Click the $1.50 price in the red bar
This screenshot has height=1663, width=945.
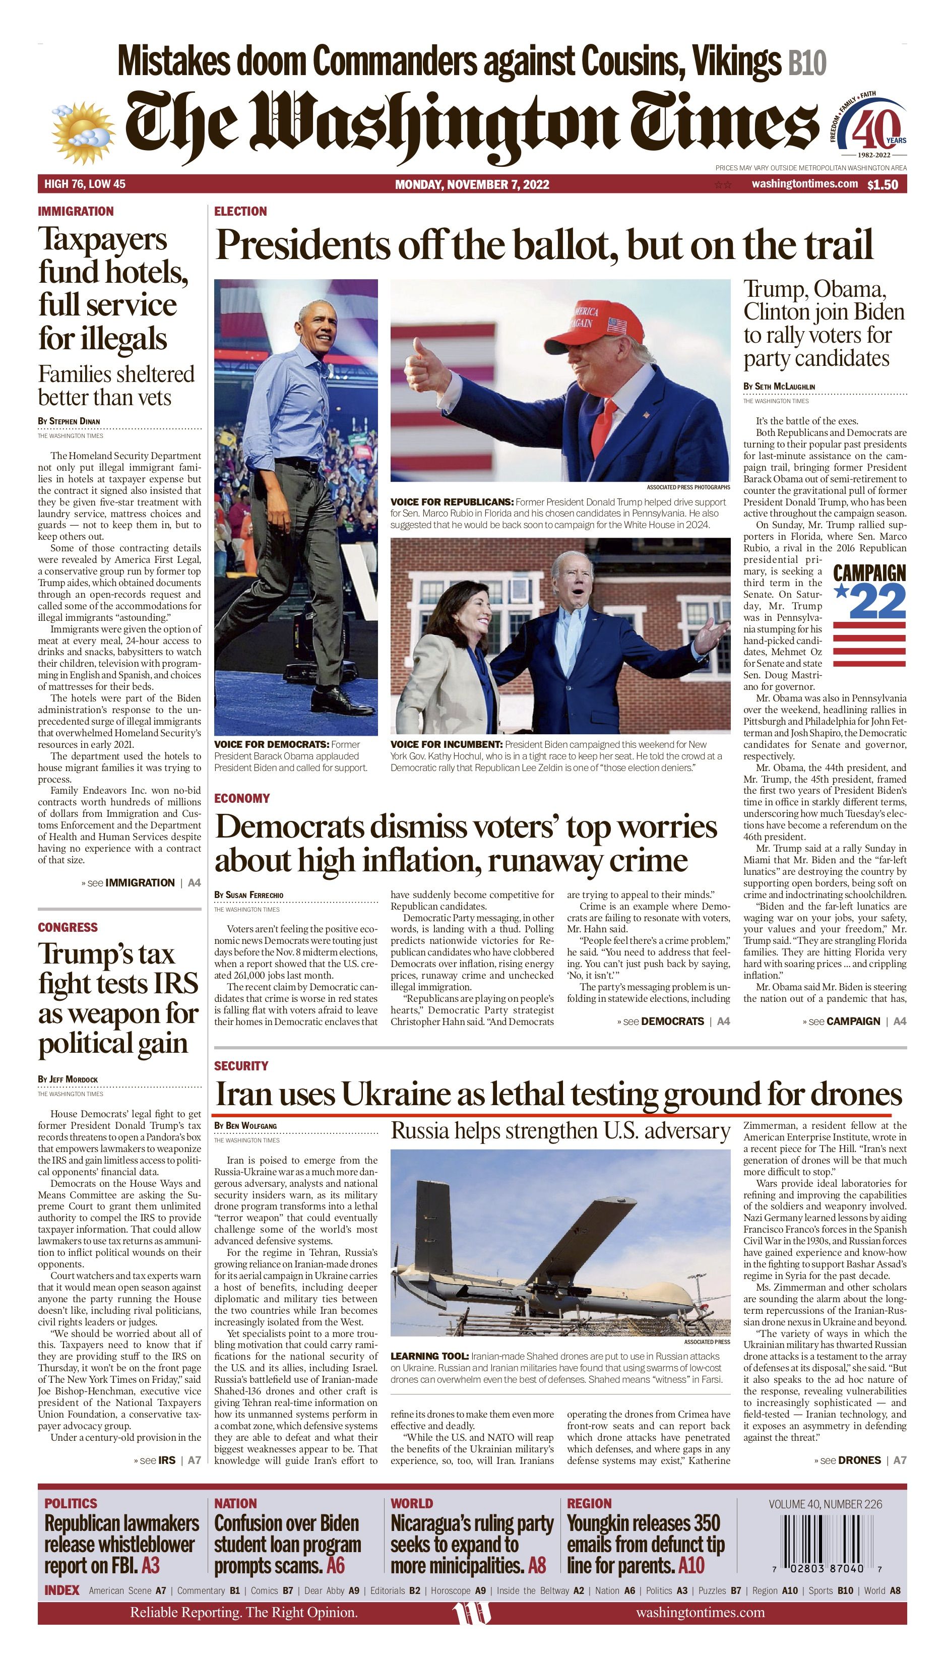[883, 185]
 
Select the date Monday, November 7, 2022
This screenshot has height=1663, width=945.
[472, 185]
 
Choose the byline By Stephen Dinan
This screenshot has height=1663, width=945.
[69, 421]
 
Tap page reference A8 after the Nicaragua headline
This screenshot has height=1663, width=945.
[537, 1565]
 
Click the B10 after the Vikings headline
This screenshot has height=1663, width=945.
[807, 63]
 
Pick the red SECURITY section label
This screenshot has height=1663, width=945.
[241, 1066]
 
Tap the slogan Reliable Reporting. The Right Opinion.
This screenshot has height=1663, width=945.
[243, 1613]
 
